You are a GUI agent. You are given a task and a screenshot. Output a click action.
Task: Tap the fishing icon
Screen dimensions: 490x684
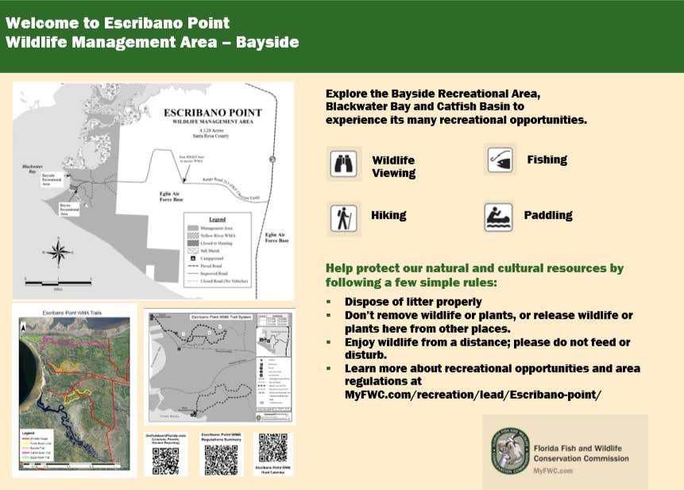(x=500, y=159)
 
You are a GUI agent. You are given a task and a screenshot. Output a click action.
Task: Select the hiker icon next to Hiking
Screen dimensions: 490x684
(x=344, y=218)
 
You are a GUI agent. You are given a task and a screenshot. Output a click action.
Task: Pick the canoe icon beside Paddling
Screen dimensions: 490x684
(x=499, y=217)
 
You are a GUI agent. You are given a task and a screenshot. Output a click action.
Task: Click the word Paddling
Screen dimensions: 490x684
(x=548, y=215)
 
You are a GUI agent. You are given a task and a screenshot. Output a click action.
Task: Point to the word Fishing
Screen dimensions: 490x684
(x=547, y=160)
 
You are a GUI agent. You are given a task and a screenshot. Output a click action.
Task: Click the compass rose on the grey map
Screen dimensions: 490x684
(x=56, y=254)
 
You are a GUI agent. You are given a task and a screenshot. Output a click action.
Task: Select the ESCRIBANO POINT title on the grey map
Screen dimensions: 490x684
(x=212, y=114)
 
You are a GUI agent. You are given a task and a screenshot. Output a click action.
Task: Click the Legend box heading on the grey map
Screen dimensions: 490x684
(x=217, y=218)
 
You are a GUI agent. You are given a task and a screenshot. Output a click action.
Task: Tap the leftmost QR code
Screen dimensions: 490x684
(x=165, y=460)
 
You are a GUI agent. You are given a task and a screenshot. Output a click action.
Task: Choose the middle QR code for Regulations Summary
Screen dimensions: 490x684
(x=221, y=459)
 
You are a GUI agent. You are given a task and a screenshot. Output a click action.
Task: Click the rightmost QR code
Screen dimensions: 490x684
(x=272, y=448)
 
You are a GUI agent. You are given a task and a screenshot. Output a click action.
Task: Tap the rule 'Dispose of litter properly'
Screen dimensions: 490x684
(x=413, y=302)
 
